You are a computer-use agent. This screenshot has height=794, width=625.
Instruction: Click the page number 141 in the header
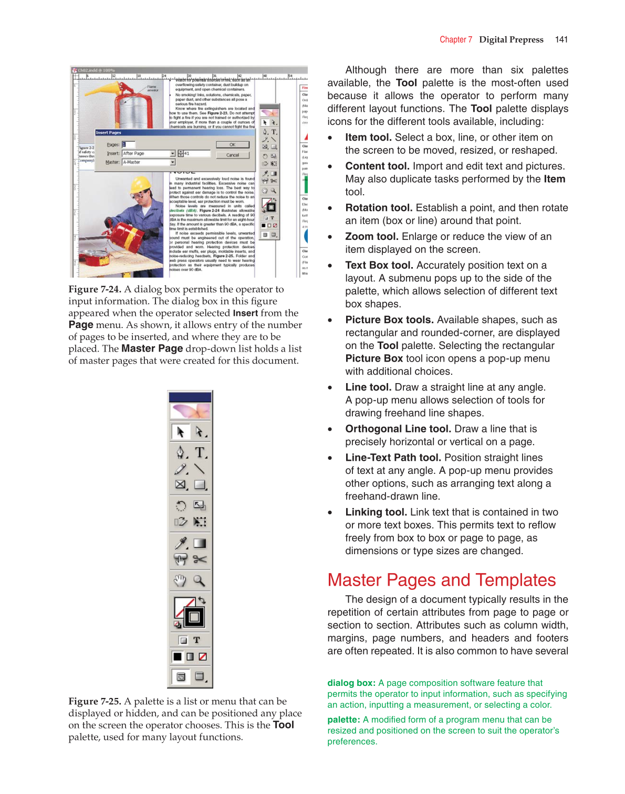[x=561, y=39]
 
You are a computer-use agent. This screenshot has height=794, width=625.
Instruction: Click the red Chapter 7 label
[x=455, y=39]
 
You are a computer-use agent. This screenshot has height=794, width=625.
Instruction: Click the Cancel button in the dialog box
[x=232, y=155]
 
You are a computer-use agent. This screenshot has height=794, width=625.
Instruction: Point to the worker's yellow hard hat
[x=140, y=185]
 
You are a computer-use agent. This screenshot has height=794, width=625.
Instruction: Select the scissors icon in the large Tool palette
[x=200, y=559]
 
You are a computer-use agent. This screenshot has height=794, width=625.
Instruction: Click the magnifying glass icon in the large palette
[x=199, y=580]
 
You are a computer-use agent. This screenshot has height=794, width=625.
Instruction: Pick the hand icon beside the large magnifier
[x=180, y=580]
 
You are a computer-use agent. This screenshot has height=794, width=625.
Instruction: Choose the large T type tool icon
[x=200, y=452]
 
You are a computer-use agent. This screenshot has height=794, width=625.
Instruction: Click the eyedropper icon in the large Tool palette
[x=181, y=543]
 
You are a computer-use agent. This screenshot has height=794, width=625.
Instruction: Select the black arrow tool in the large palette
[x=180, y=432]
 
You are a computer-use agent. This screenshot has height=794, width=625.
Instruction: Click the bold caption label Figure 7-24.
[x=95, y=289]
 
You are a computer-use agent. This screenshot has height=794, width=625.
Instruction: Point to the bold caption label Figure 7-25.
[x=95, y=701]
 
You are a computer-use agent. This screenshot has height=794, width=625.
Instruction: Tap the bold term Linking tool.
[x=376, y=512]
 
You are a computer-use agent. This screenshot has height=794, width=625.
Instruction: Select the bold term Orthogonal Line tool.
[x=398, y=429]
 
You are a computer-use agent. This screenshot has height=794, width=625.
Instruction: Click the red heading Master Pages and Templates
[x=441, y=580]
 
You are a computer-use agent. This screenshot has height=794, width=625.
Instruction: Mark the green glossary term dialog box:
[x=351, y=683]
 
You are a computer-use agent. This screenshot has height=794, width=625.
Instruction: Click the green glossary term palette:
[x=343, y=719]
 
